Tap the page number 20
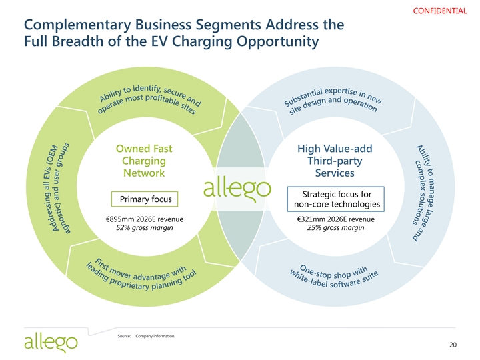[x=453, y=345]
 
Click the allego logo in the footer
[x=51, y=343]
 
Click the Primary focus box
[x=145, y=199]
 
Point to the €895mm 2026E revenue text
[x=145, y=220]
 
